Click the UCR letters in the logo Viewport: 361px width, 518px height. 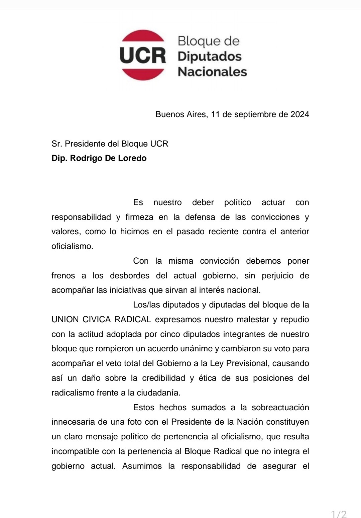(x=143, y=56)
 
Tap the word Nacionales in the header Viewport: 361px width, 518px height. (x=212, y=72)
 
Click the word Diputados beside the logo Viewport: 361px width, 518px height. (x=210, y=56)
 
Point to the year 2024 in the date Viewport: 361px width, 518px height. (x=299, y=114)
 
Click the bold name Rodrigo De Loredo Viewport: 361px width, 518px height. (x=108, y=158)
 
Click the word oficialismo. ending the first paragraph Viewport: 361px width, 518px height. (x=72, y=246)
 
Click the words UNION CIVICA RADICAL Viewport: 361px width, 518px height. (x=101, y=320)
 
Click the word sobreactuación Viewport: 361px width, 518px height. (x=280, y=408)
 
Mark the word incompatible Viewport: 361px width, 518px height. (x=76, y=451)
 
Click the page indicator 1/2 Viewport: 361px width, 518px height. (x=338, y=514)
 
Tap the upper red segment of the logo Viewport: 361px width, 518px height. (x=143, y=36)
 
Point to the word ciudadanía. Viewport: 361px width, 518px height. (x=158, y=393)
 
